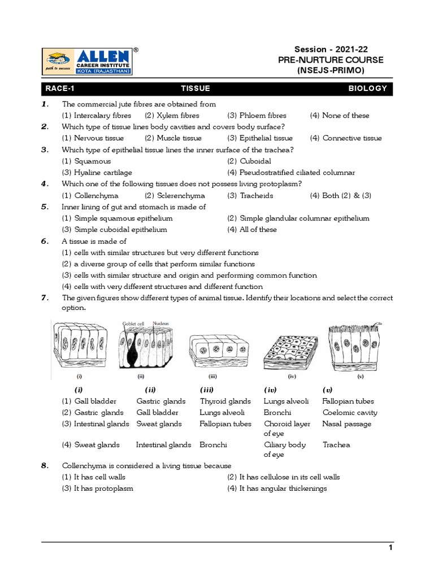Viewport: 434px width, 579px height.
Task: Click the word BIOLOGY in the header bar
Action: [x=367, y=89]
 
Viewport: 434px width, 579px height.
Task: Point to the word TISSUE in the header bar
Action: [x=195, y=89]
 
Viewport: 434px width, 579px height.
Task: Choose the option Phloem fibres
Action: [x=257, y=115]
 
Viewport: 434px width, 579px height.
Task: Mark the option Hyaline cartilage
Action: [x=97, y=172]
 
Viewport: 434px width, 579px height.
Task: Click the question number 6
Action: [x=45, y=241]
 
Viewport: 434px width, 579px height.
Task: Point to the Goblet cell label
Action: [x=134, y=323]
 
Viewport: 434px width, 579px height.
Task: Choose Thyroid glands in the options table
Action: [x=225, y=401]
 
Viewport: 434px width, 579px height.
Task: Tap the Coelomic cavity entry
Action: [x=349, y=413]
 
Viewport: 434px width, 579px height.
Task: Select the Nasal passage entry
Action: [x=346, y=424]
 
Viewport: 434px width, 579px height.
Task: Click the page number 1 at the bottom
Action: [x=390, y=547]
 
